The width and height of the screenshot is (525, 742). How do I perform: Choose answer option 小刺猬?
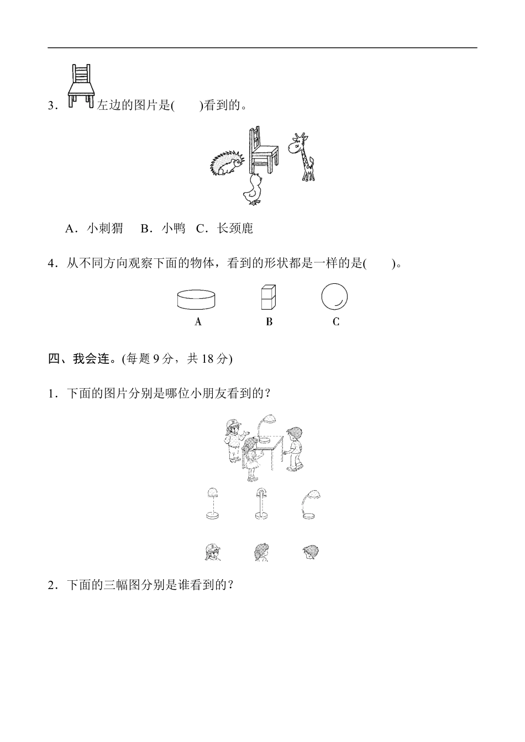click(94, 229)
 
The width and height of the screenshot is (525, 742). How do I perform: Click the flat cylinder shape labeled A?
click(196, 299)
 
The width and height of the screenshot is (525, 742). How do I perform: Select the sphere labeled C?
click(334, 297)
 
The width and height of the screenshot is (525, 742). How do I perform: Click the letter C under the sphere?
click(335, 322)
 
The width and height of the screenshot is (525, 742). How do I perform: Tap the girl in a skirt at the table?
click(251, 458)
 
